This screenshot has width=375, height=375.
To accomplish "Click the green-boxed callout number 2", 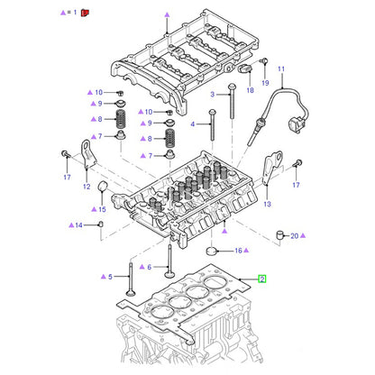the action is [262, 279].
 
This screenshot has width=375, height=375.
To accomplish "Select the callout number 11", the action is [281, 69].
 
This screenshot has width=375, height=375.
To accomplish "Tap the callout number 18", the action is [250, 90].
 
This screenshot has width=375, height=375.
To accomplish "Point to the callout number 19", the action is [265, 83].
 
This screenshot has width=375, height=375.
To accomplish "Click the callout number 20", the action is [295, 236].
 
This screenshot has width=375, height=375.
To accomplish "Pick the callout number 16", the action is [238, 251].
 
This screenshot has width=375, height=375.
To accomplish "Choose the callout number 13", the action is [267, 204].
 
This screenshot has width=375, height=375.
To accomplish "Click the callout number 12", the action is [87, 187].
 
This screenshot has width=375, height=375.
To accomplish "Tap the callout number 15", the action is [102, 209].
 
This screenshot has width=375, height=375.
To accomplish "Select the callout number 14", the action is [78, 225].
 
